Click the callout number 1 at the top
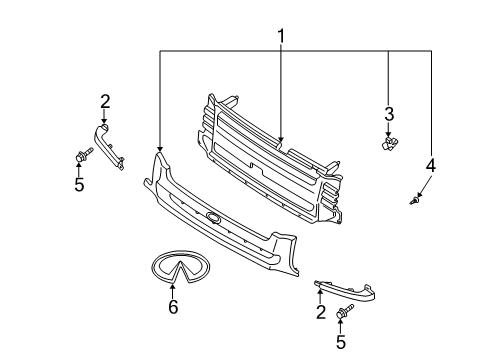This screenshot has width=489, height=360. coord(281,36)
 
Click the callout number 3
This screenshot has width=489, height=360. coord(390,113)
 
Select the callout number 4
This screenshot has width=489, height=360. coord(430,165)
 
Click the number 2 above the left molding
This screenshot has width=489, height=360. coord(104,100)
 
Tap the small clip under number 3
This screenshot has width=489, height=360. coord(389,144)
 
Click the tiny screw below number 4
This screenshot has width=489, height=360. coord(415,202)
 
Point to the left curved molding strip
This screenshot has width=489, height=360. coord(110,142)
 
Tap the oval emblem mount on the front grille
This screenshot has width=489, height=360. coord(213,218)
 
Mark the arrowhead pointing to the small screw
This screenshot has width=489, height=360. coord(420,196)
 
